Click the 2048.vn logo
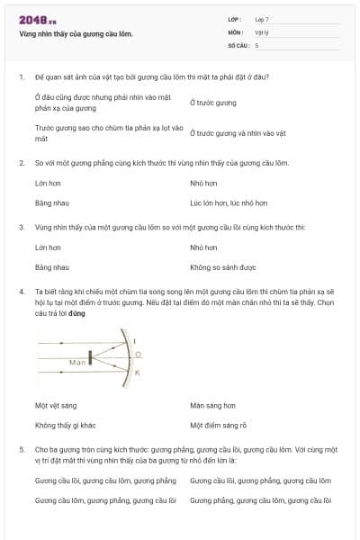(37, 19)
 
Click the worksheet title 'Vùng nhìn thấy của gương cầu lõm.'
(76, 33)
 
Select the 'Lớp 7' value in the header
(262, 19)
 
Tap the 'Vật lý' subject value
(263, 31)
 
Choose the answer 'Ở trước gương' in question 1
(213, 103)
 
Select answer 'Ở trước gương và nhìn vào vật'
(238, 132)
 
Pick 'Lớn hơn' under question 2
(48, 183)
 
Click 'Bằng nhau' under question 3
(51, 267)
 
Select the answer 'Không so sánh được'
(223, 267)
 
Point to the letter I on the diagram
(135, 341)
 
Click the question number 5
(21, 448)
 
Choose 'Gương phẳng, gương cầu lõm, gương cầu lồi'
(260, 499)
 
